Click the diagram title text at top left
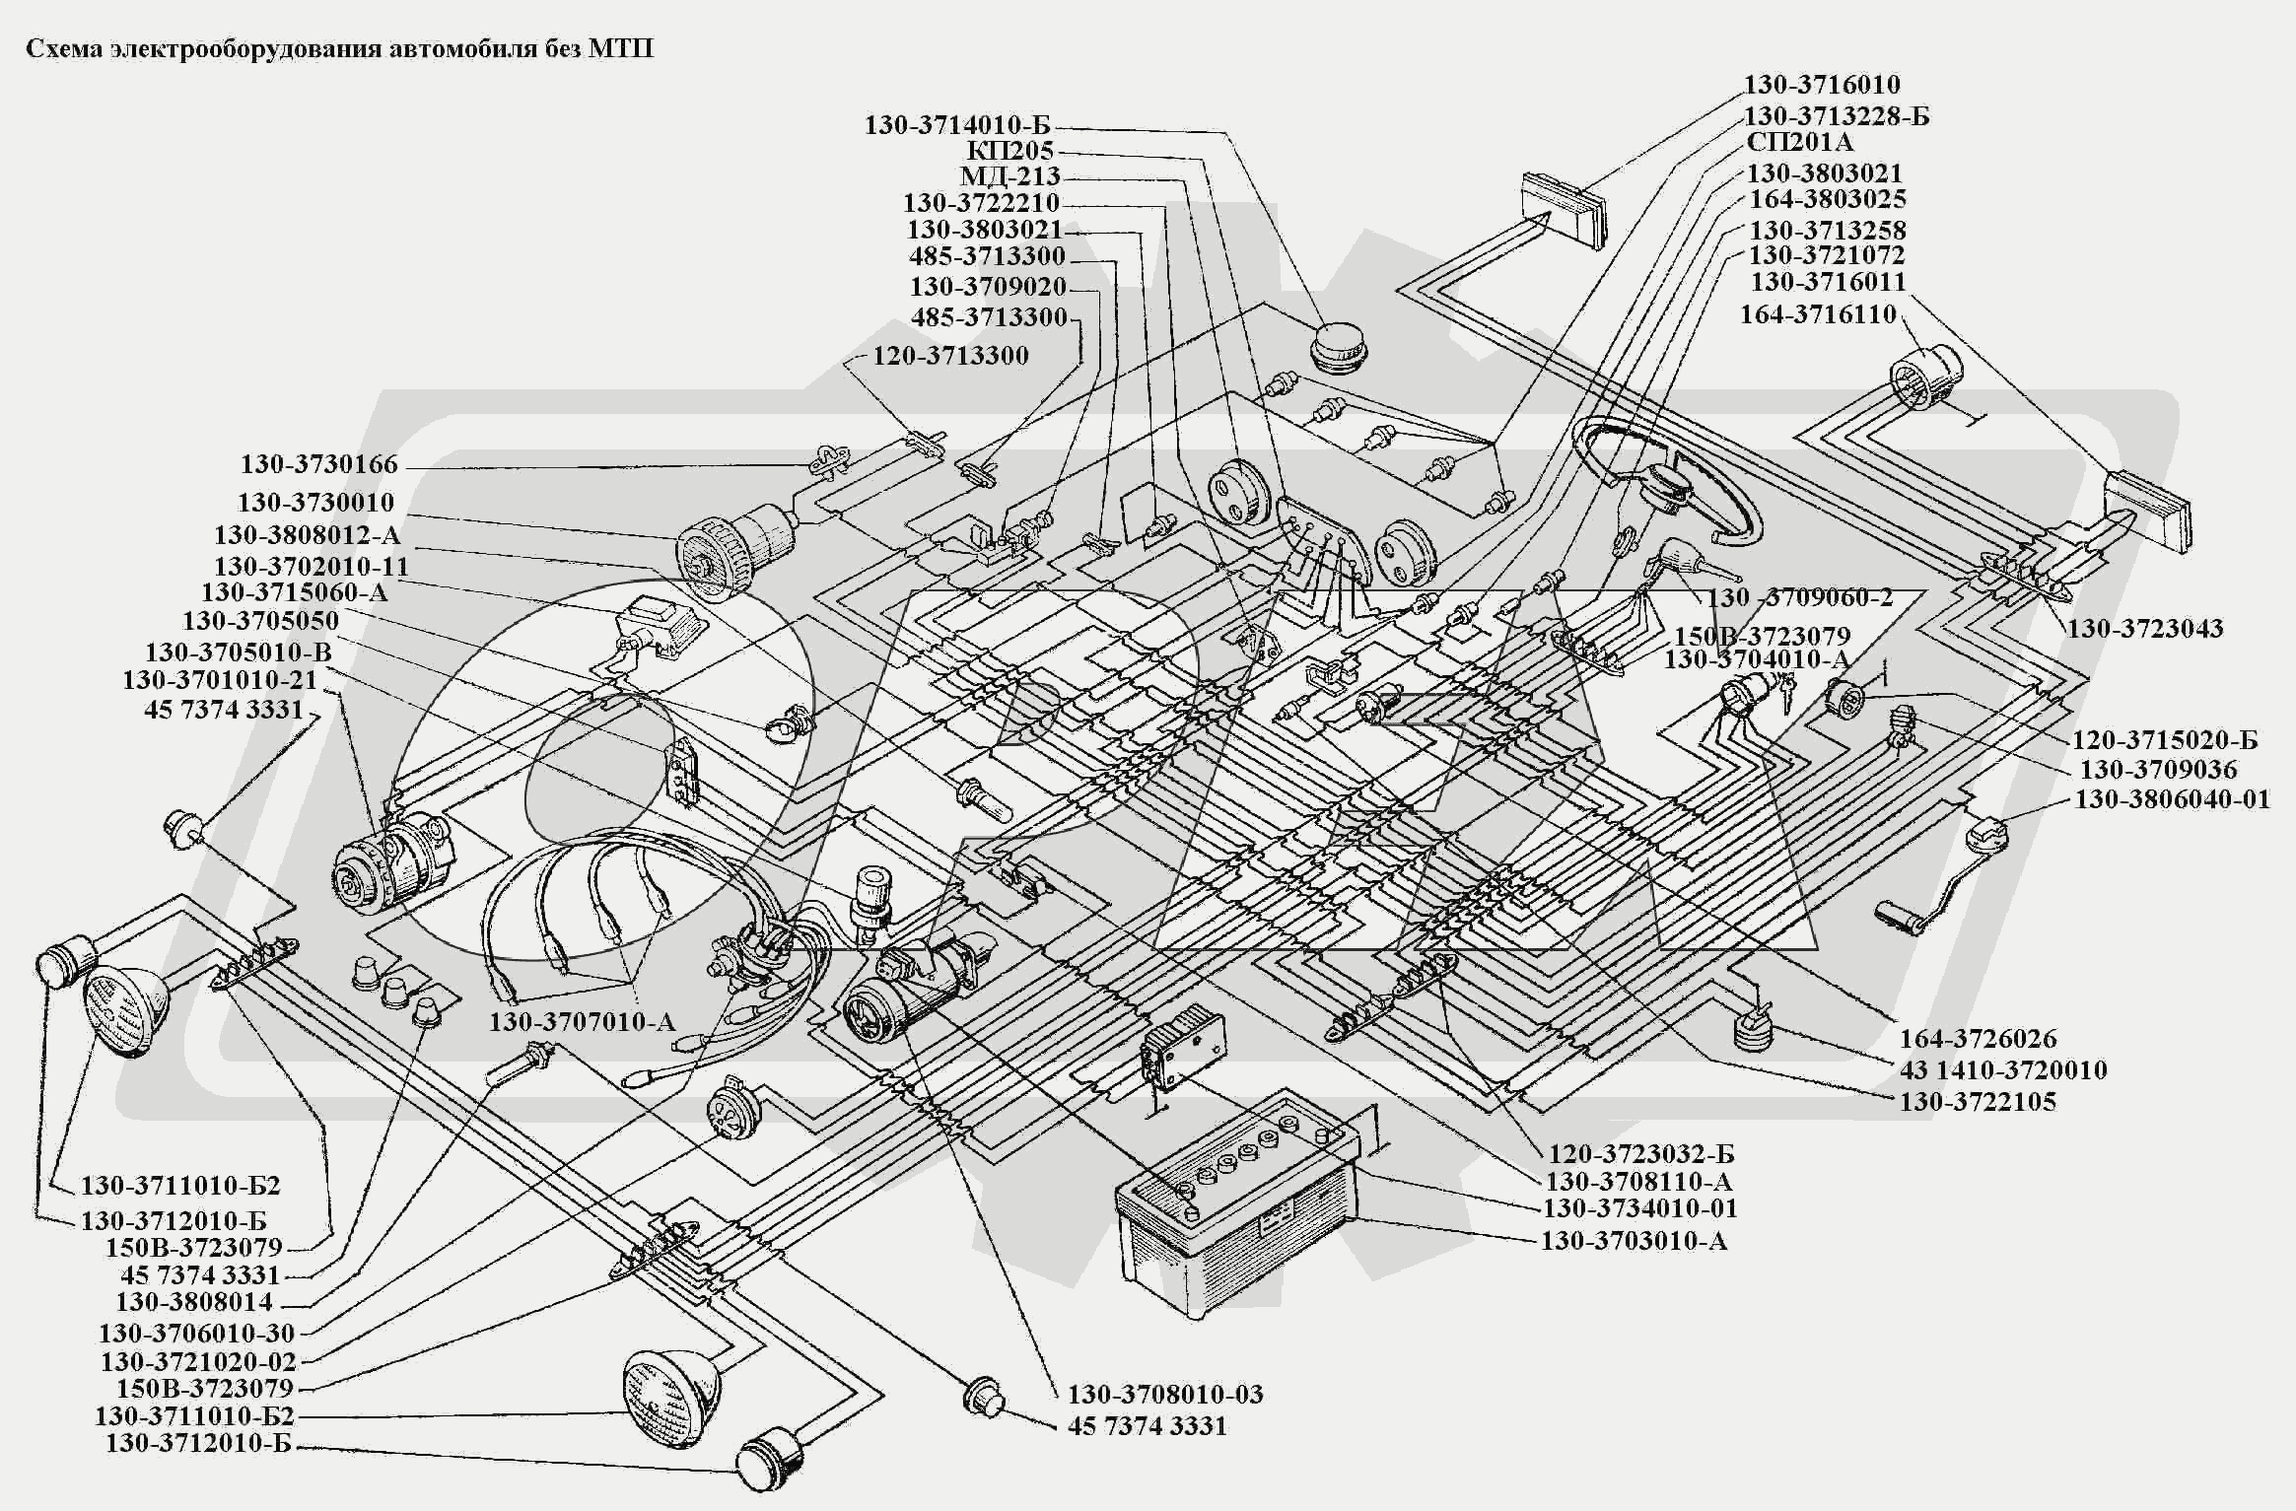pyautogui.click(x=339, y=49)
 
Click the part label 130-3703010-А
pyautogui.click(x=1634, y=1240)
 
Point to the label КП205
pyautogui.click(x=1009, y=151)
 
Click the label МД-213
pyautogui.click(x=1010, y=176)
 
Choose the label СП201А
pyautogui.click(x=1799, y=142)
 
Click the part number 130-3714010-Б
pyautogui.click(x=957, y=125)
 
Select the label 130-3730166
pyautogui.click(x=318, y=464)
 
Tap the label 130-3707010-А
pyautogui.click(x=583, y=1021)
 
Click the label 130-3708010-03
pyautogui.click(x=1165, y=1394)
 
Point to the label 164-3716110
pyautogui.click(x=1818, y=314)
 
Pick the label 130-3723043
pyautogui.click(x=2145, y=628)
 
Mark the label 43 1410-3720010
pyautogui.click(x=2003, y=1069)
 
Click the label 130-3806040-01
pyautogui.click(x=2172, y=798)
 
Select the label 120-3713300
pyautogui.click(x=950, y=355)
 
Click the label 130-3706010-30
pyautogui.click(x=196, y=1333)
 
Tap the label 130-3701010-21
pyautogui.click(x=220, y=680)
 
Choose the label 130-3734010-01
pyautogui.click(x=1639, y=1207)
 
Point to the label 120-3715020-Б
pyautogui.click(x=2164, y=740)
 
